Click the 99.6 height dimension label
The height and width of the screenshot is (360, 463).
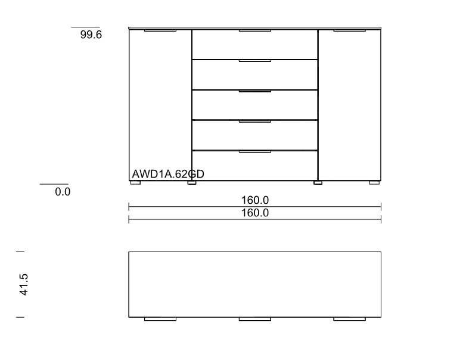tap(91, 35)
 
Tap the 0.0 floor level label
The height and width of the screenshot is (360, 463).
tap(63, 192)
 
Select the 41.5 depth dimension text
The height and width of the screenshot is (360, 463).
tap(23, 284)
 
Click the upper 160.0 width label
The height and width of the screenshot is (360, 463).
tap(255, 200)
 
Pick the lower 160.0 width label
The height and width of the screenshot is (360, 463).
tap(255, 213)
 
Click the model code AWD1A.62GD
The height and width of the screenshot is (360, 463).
tap(168, 174)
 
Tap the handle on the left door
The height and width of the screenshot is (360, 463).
tap(160, 30)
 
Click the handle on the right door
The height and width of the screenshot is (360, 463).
tap(350, 30)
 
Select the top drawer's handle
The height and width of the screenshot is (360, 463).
tap(255, 30)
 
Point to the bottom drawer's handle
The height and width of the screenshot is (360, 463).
tap(255, 151)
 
